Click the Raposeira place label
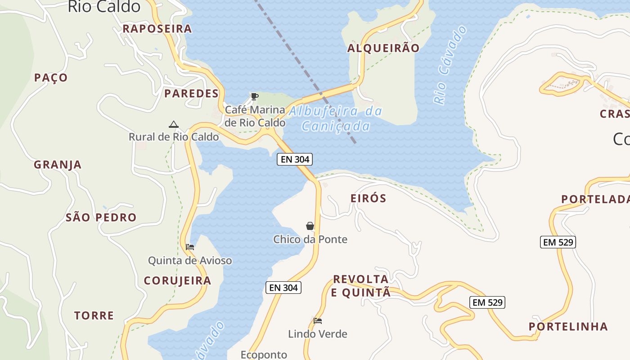(x=157, y=29)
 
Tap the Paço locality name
(x=51, y=78)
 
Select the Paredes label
(x=191, y=94)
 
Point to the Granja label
(x=58, y=165)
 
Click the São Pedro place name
(x=101, y=218)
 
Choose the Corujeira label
(x=177, y=281)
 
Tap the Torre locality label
(x=94, y=315)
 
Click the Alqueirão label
(x=383, y=48)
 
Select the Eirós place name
(x=368, y=198)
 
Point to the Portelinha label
(x=568, y=327)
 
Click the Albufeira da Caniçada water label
(x=335, y=119)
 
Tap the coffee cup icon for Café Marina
(x=254, y=96)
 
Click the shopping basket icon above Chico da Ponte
(x=310, y=226)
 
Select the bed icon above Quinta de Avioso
(x=189, y=247)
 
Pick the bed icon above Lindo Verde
(x=318, y=321)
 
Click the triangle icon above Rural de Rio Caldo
(x=173, y=124)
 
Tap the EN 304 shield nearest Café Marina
(x=295, y=159)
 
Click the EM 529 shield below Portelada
(x=558, y=242)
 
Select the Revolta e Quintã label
(x=361, y=286)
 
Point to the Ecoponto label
(x=264, y=355)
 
